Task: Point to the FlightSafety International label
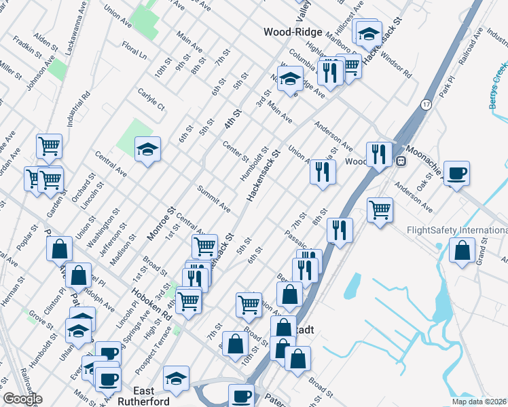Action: click(456, 231)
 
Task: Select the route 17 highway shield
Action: click(426, 104)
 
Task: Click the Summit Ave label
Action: click(213, 195)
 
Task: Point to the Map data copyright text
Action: click(479, 402)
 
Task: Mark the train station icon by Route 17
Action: click(401, 162)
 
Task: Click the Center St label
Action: click(236, 151)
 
